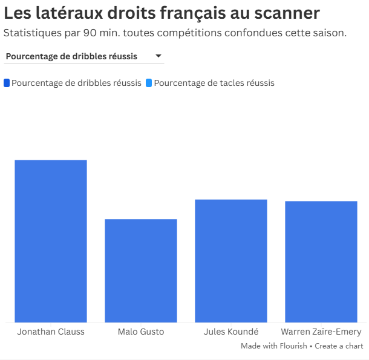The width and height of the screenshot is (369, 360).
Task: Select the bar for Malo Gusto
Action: [x=141, y=270]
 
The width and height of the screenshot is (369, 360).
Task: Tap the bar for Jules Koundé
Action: [x=231, y=261]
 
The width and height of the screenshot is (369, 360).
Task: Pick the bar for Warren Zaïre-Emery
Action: [x=321, y=261]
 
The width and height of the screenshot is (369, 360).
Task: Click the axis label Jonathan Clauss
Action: [x=51, y=332]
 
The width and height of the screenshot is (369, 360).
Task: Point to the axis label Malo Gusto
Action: [x=141, y=332]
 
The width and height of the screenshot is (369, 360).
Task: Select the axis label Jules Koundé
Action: [x=231, y=332]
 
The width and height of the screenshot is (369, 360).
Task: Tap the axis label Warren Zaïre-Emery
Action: [x=321, y=332]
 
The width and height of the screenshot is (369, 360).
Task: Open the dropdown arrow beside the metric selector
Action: [x=158, y=56]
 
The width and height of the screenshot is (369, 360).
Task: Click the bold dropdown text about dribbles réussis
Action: [x=71, y=57]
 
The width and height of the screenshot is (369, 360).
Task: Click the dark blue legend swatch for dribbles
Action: [x=7, y=83]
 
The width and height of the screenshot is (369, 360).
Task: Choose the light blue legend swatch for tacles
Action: [x=149, y=83]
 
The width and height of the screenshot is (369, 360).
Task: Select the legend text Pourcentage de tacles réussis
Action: [x=214, y=83]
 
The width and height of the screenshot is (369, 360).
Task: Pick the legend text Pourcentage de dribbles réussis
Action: [x=76, y=83]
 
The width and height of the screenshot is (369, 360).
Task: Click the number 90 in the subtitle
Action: [x=98, y=33]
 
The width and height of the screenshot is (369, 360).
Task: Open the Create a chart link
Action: [x=339, y=346]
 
